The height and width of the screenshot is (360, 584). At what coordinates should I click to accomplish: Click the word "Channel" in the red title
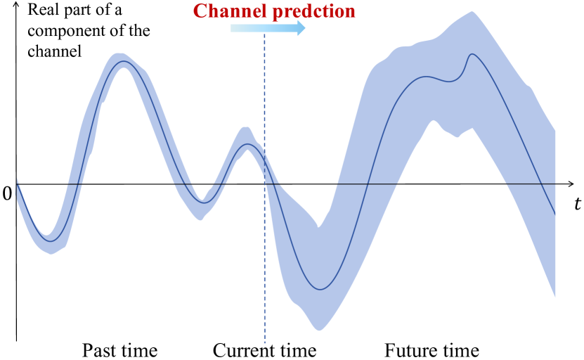coord(231,11)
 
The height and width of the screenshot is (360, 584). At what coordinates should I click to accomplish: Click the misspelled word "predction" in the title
coord(314,12)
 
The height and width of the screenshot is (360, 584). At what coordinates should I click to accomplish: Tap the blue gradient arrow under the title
coord(268,28)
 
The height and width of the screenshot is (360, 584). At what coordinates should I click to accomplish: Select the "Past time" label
coord(120,350)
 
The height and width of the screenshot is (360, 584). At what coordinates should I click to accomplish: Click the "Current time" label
coord(264,350)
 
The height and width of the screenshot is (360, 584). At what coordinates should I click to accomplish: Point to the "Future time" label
coord(431,350)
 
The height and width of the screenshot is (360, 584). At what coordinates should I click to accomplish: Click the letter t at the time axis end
coord(577,203)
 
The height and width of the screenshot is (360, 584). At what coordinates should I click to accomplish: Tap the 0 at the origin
coord(7,193)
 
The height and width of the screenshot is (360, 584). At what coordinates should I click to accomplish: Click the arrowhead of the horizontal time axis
coord(571,184)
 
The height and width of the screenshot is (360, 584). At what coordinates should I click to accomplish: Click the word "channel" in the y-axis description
coord(54,51)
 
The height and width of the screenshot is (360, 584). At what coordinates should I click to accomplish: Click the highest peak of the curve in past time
coord(124,60)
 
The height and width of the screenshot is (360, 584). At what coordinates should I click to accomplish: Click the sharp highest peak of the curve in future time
coord(472,54)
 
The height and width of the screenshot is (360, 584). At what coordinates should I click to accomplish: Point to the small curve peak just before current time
coord(247,144)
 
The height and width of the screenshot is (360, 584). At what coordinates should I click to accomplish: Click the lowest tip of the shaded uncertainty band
coord(319,330)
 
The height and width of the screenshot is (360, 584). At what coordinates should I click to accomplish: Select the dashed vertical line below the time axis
coord(265,264)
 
